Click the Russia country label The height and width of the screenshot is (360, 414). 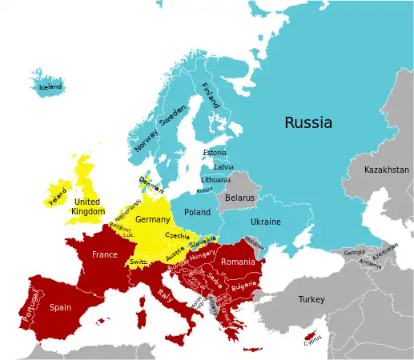pos(308,122)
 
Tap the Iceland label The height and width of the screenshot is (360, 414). pos(50,86)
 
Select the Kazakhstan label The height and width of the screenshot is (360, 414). pos(386,170)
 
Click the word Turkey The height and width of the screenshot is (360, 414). pos(312,299)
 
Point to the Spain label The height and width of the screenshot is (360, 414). pos(60,306)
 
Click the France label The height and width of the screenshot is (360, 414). pos(104,254)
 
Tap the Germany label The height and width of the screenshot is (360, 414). pos(152,219)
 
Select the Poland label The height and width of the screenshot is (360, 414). pos(197,212)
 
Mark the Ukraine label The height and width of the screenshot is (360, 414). pos(266,221)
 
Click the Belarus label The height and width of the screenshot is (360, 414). pos(239,197)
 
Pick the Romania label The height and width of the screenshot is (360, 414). pos(237,262)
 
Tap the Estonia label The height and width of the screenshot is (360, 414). pos(215,153)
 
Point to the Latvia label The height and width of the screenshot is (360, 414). pos(223,167)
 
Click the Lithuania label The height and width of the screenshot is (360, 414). pos(215,180)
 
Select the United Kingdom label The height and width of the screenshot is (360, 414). pos(87,206)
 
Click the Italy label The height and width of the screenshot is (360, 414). pos(167,295)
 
